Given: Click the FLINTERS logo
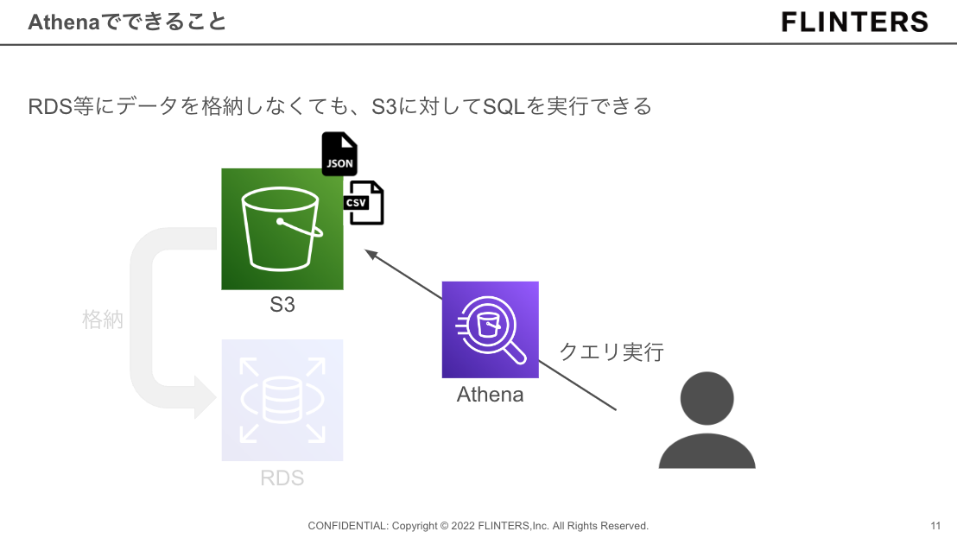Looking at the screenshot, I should click(x=854, y=22).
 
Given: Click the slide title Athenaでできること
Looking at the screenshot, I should click(x=127, y=22).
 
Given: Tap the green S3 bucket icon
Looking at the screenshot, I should click(x=282, y=229).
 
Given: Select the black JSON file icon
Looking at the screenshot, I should click(x=339, y=155).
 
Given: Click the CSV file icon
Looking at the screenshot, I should click(x=364, y=203).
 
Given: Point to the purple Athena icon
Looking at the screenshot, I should click(x=490, y=329).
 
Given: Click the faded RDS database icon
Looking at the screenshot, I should click(x=282, y=400).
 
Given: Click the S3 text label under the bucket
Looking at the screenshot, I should click(x=282, y=305).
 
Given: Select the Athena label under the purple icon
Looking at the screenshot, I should click(x=490, y=395).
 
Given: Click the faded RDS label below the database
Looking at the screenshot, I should click(x=282, y=478).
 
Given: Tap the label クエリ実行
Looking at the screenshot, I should click(x=612, y=351).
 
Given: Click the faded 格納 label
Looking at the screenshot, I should click(x=103, y=320).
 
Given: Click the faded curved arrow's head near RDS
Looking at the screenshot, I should click(x=205, y=399).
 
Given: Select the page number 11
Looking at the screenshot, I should click(x=935, y=526).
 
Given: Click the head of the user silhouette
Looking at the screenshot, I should click(x=707, y=398).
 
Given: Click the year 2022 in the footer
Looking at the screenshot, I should click(x=463, y=526).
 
